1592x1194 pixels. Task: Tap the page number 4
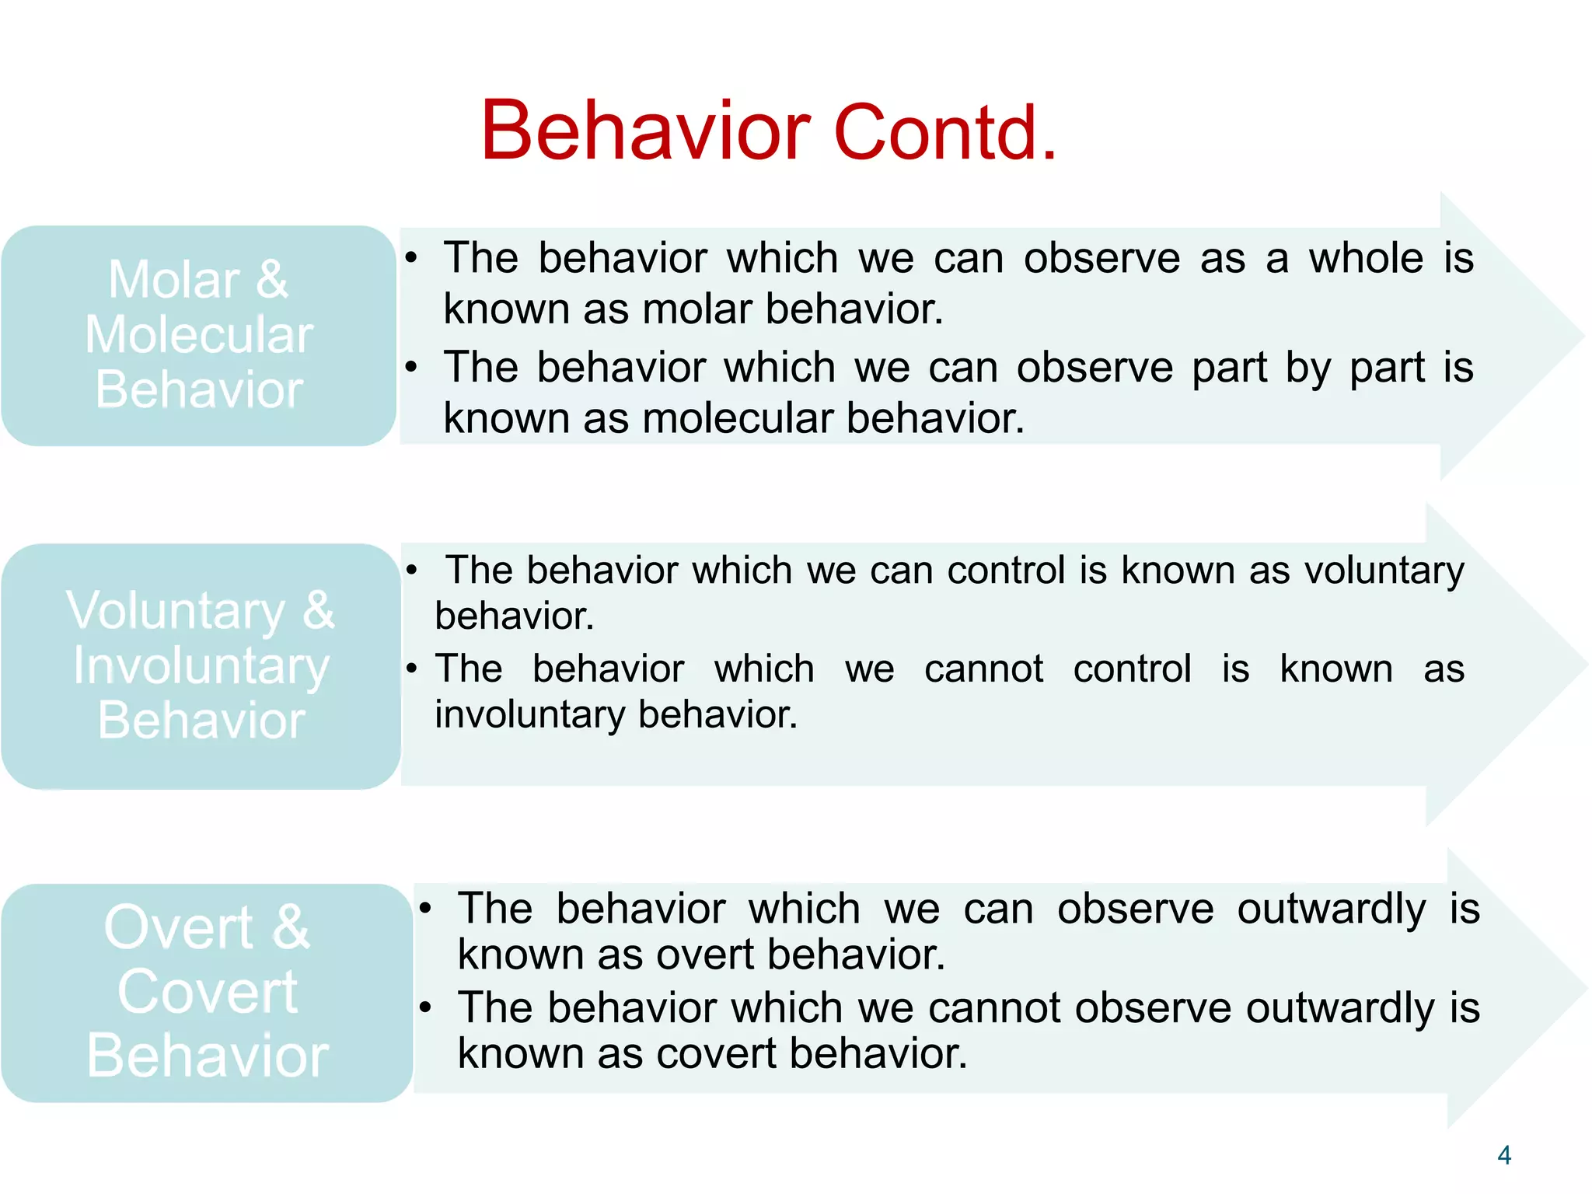click(x=1503, y=1155)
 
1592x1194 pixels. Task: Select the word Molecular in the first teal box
click(x=199, y=335)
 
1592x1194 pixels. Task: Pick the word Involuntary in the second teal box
click(x=201, y=666)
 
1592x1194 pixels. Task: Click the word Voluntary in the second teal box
click(x=176, y=611)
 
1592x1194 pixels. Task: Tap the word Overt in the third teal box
click(x=179, y=927)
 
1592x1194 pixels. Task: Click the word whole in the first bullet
click(x=1366, y=258)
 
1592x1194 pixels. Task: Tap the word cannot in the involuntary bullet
click(x=983, y=669)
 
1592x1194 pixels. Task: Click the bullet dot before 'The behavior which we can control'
click(x=412, y=571)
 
